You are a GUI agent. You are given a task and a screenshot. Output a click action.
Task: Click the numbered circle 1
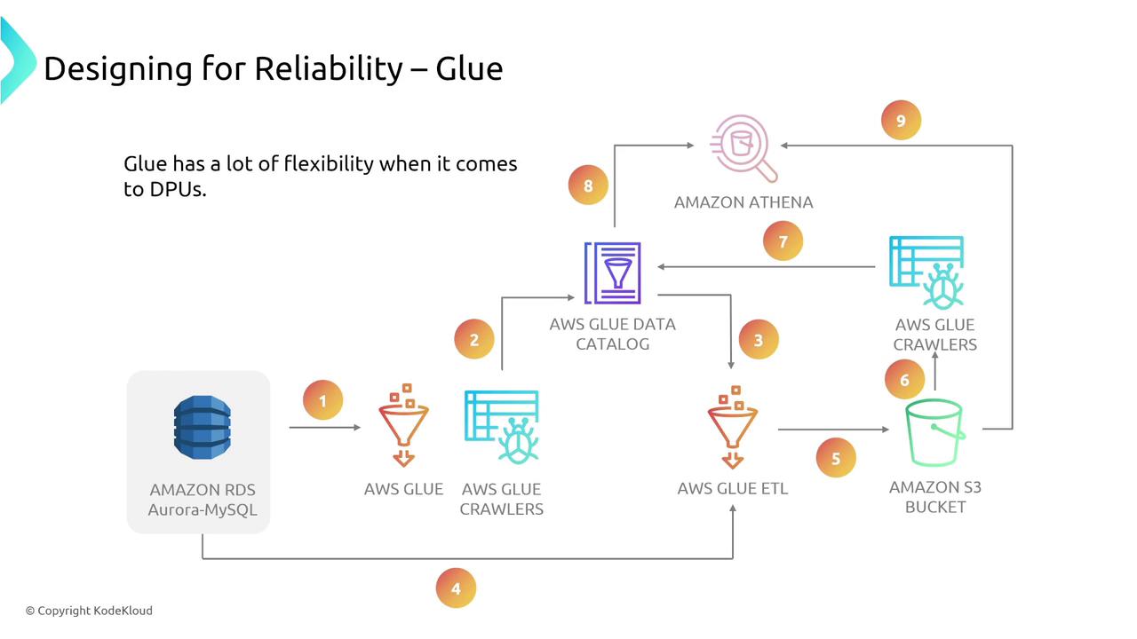coord(322,400)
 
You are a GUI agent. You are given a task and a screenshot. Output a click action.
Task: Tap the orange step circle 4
coord(456,588)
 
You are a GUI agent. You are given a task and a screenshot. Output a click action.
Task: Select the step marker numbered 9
coord(901,121)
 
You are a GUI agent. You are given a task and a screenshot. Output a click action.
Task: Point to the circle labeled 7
coord(783,241)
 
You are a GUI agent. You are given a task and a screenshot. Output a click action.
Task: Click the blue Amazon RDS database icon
coord(202,428)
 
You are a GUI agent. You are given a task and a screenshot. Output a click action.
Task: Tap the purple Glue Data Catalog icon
coord(612,272)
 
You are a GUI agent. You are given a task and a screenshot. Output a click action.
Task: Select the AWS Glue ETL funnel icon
coord(732,427)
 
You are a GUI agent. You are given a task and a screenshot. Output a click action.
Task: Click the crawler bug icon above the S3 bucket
coord(927,272)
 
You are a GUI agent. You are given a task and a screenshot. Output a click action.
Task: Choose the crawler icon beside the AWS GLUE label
coord(502,427)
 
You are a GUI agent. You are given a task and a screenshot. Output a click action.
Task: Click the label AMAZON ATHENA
coord(743,202)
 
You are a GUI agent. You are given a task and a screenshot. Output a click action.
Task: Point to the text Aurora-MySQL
coord(203,509)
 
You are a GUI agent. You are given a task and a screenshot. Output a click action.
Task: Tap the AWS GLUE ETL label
coord(732,488)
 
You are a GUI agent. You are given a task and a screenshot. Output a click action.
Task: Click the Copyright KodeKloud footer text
coord(89,611)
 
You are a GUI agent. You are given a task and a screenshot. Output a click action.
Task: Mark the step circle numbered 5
coord(836,458)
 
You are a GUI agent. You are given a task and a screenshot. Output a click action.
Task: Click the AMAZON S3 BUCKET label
coord(934,497)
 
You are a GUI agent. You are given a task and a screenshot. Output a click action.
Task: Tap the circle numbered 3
coord(758,340)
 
